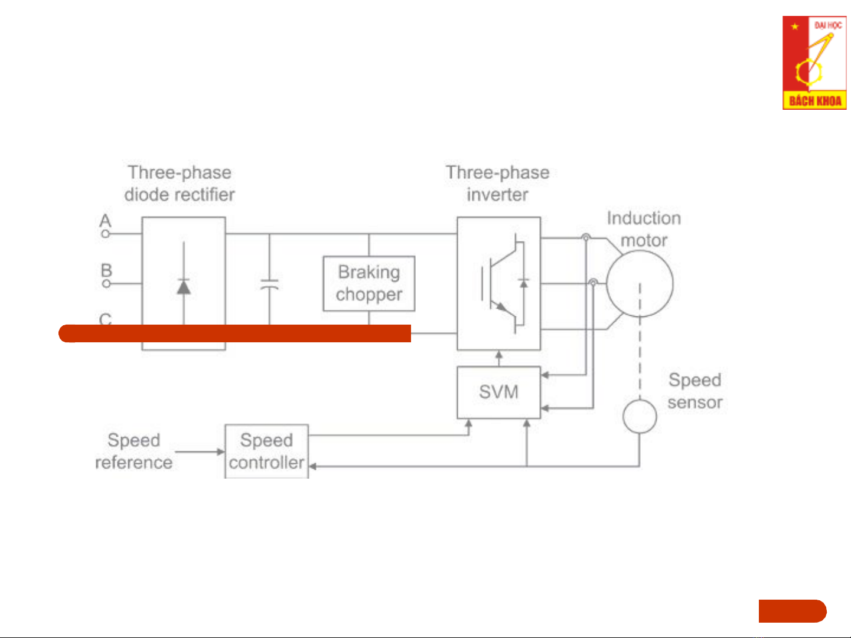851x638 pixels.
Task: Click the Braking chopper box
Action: click(x=369, y=283)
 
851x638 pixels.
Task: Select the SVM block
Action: click(x=498, y=392)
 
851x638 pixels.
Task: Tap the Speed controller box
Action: click(x=266, y=451)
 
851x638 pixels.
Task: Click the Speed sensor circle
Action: click(x=639, y=416)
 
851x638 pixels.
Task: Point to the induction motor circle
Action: click(x=640, y=283)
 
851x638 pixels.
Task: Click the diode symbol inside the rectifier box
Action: click(x=184, y=286)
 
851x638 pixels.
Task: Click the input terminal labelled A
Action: click(x=105, y=234)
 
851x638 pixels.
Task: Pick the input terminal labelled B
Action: click(x=106, y=283)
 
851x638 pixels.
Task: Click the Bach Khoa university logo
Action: click(x=814, y=63)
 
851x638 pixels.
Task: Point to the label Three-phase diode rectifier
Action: click(x=180, y=183)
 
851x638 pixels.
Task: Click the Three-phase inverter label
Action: click(x=497, y=183)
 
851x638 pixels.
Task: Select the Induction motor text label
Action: click(x=644, y=229)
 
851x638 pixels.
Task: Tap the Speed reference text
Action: click(x=133, y=451)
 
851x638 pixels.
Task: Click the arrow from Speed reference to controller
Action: click(x=200, y=452)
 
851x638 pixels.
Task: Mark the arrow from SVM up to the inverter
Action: click(x=499, y=358)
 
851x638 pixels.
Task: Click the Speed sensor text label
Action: click(x=695, y=391)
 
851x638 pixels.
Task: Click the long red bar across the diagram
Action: click(x=235, y=333)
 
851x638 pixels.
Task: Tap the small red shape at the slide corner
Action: click(x=792, y=611)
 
